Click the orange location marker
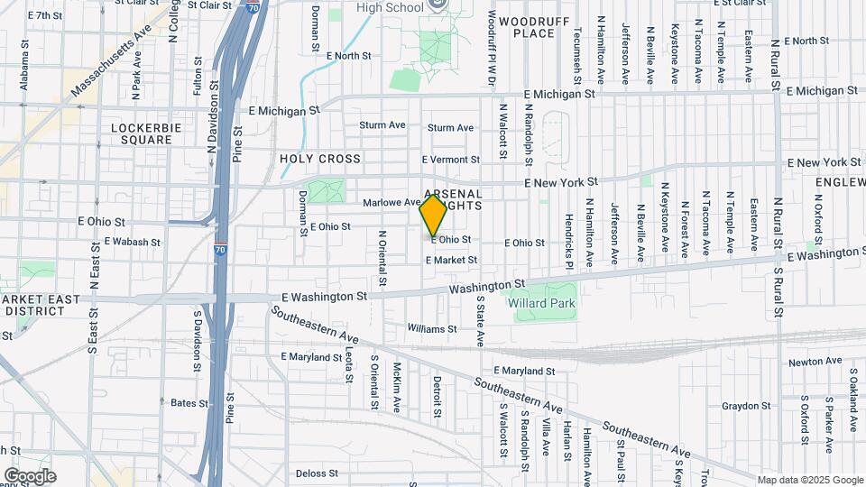(x=434, y=215)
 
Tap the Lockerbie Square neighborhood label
(x=142, y=133)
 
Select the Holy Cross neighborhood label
(x=320, y=159)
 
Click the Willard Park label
(x=541, y=304)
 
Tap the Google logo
(x=30, y=475)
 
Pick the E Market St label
(x=451, y=260)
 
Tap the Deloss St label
(x=316, y=473)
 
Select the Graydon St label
(x=745, y=406)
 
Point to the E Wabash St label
(x=133, y=242)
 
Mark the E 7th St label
(x=45, y=15)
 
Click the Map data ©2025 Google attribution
(x=810, y=480)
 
